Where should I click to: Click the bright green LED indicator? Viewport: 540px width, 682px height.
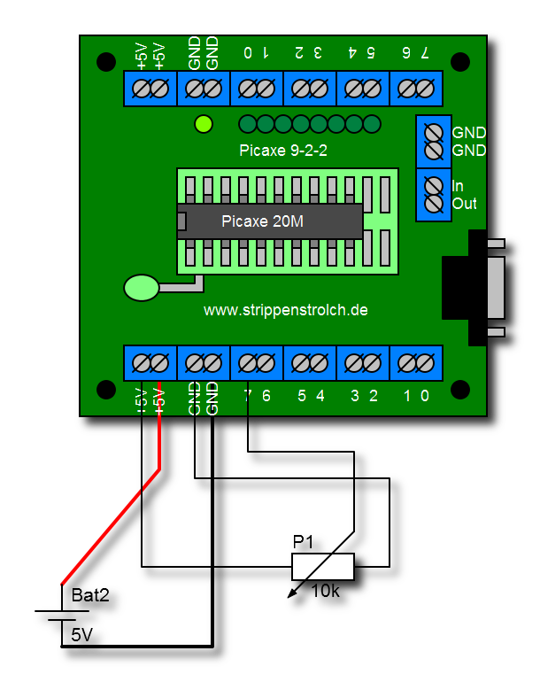click(204, 124)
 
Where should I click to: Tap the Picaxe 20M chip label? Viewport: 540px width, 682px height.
click(262, 221)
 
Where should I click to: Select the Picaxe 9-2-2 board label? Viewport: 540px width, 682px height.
click(283, 151)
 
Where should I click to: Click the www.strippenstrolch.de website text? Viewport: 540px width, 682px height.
click(286, 311)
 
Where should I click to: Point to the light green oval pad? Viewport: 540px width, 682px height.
click(142, 287)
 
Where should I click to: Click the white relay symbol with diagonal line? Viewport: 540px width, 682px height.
click(323, 567)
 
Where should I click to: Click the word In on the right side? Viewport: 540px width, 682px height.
click(458, 186)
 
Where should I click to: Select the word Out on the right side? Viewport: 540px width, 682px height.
click(464, 204)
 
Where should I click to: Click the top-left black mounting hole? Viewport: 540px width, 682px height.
click(106, 62)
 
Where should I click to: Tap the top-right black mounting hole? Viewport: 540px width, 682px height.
click(460, 62)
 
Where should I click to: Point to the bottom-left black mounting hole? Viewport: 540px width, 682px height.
click(106, 390)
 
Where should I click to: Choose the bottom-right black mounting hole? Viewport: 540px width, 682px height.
click(460, 390)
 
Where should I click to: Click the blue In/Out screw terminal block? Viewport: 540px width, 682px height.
click(434, 195)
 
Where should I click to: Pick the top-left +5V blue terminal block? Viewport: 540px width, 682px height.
click(150, 89)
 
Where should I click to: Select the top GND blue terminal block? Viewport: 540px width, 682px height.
click(204, 89)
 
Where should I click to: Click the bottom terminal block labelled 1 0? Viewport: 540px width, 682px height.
click(416, 363)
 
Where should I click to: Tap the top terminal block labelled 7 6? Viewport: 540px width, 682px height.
click(416, 89)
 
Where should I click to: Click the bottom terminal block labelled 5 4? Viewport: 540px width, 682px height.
click(310, 363)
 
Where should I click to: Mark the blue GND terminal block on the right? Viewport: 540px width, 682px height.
click(434, 142)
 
